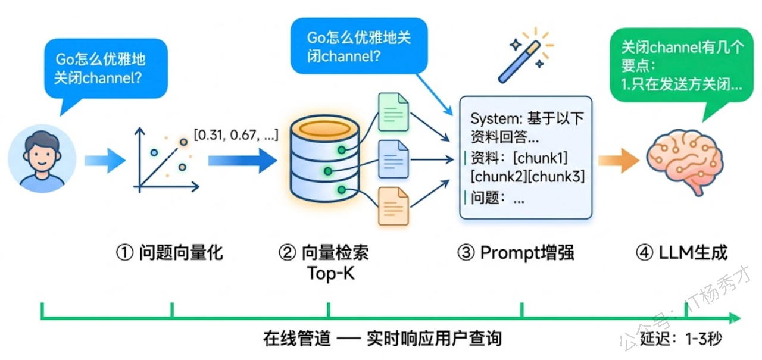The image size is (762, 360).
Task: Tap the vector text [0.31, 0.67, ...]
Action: pyautogui.click(x=235, y=134)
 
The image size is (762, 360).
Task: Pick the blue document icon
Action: pyautogui.click(x=394, y=159)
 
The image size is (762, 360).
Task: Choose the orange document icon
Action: pyautogui.click(x=394, y=206)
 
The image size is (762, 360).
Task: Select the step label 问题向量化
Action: pyautogui.click(x=169, y=252)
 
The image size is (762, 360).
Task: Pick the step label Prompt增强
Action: pyautogui.click(x=516, y=252)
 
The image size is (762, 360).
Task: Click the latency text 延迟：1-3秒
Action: pyautogui.click(x=681, y=340)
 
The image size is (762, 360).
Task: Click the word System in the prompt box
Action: pyautogui.click(x=492, y=118)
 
